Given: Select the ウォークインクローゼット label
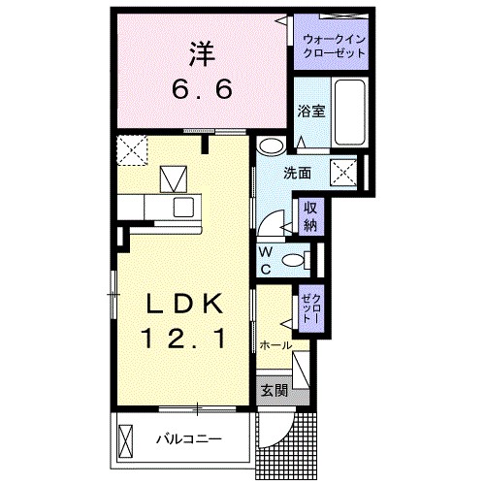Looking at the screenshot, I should pyautogui.click(x=334, y=46).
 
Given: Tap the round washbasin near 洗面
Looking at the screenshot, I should pyautogui.click(x=272, y=147).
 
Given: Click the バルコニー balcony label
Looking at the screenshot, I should pyautogui.click(x=189, y=438).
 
